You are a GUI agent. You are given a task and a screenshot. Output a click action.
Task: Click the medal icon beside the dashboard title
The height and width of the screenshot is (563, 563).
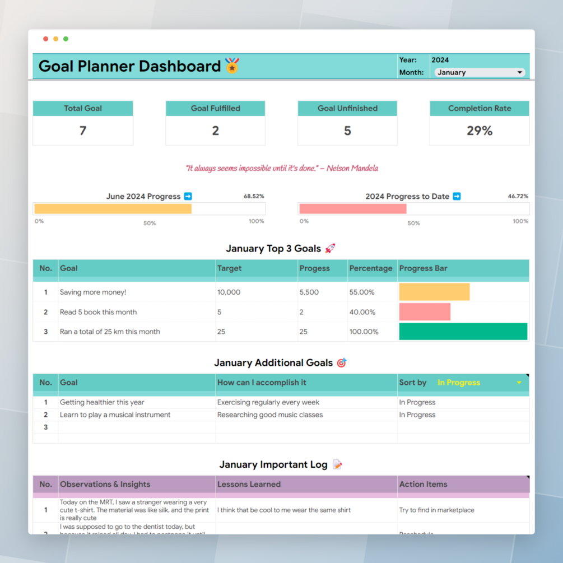point(232,66)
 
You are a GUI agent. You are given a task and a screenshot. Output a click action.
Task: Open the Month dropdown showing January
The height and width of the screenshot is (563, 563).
point(480,72)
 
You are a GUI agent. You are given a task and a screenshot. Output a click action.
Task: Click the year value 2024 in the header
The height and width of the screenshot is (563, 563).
point(440,60)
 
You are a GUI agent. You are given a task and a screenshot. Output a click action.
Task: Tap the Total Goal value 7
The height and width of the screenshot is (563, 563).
point(83,131)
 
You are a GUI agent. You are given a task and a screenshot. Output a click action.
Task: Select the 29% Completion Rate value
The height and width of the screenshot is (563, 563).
point(480,131)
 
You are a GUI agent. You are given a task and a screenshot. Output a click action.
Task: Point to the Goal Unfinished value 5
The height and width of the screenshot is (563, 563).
point(347,131)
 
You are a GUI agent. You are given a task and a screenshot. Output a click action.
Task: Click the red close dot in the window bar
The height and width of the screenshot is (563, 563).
point(46,39)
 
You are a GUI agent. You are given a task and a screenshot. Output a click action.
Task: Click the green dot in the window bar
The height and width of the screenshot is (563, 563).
point(66,39)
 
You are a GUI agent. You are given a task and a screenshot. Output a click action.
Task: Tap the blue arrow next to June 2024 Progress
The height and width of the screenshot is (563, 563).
point(188,196)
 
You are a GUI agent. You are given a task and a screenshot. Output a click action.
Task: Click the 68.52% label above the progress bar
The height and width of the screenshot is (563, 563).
point(254,197)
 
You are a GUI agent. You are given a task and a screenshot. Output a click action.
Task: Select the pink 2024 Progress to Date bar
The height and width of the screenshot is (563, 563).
point(353,209)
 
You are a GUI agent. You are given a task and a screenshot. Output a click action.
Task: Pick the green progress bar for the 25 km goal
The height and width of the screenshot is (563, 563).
point(463,331)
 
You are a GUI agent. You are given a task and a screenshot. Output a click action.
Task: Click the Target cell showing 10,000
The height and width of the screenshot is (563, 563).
point(229,292)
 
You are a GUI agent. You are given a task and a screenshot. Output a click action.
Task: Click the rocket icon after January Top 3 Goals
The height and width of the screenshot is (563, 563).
point(330,248)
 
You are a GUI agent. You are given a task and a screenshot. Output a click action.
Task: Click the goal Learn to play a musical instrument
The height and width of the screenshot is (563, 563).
point(115,415)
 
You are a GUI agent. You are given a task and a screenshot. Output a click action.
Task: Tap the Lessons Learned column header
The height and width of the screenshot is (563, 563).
point(249,484)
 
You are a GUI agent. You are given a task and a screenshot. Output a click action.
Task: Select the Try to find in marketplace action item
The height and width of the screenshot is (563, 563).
point(437,510)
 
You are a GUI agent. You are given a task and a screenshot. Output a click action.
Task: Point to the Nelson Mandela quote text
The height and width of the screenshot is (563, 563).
point(282,168)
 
